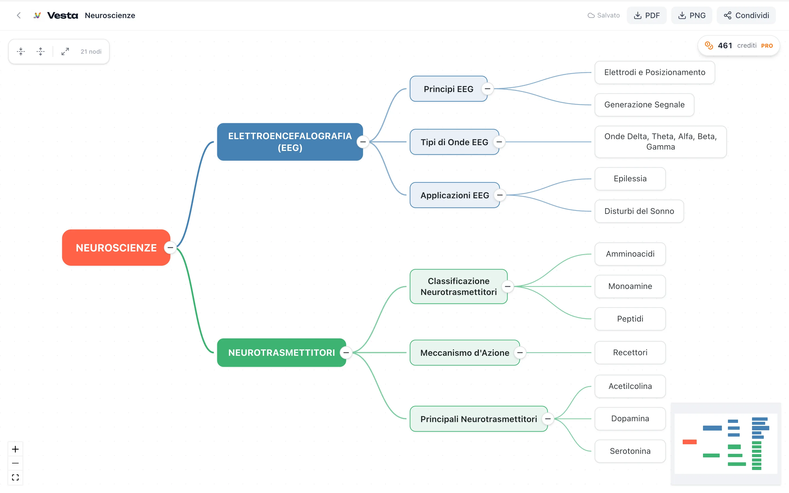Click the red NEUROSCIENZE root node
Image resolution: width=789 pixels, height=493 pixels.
(116, 248)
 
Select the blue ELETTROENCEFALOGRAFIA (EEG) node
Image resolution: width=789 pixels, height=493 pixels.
(290, 142)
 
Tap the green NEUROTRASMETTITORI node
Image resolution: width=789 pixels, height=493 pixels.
(281, 352)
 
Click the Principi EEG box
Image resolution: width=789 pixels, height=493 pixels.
(448, 89)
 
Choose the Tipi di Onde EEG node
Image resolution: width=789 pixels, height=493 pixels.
(454, 142)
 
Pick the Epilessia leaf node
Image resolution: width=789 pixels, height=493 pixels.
(630, 179)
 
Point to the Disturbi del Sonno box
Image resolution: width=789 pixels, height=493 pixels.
(639, 211)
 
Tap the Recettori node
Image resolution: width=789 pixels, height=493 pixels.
(630, 352)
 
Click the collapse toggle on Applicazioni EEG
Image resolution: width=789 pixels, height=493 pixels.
(499, 195)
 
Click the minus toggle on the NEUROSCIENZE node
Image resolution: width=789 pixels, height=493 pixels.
(170, 248)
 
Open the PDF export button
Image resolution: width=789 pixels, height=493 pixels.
(647, 15)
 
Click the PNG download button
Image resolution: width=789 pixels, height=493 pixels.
(691, 15)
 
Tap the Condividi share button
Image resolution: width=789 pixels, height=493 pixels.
(746, 15)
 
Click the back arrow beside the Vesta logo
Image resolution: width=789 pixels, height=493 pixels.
(19, 15)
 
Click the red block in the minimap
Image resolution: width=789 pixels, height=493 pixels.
(690, 442)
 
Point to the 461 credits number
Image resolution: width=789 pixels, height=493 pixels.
(725, 46)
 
